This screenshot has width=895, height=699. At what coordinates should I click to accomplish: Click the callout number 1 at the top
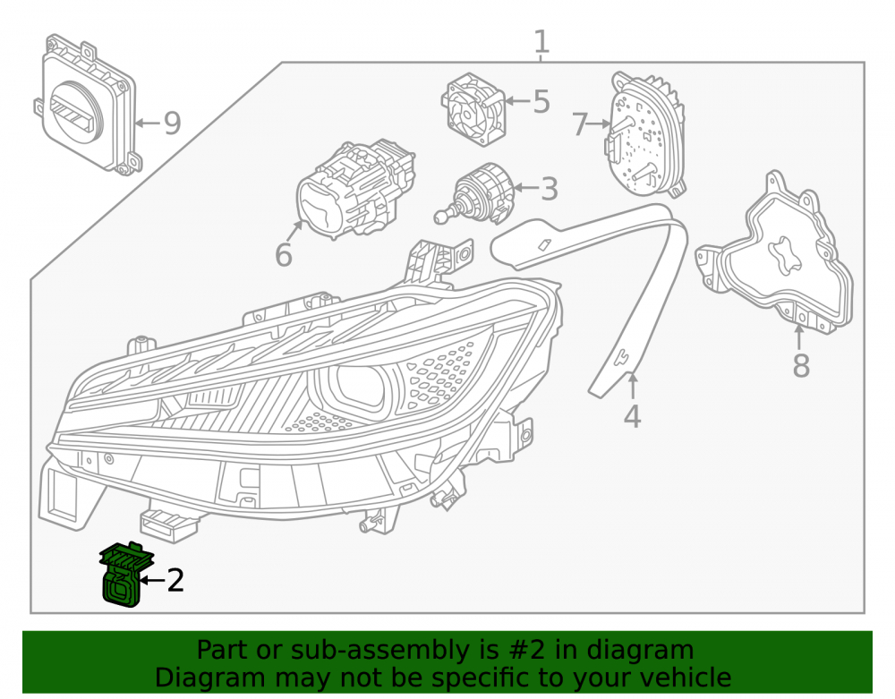(541, 42)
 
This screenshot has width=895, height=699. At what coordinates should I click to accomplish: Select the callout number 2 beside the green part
(175, 580)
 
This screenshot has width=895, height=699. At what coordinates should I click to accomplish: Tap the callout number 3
(550, 189)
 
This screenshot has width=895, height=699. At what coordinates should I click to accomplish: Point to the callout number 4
(633, 416)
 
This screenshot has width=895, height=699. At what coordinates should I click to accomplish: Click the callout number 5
(541, 101)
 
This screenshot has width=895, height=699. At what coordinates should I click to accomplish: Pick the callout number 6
(284, 254)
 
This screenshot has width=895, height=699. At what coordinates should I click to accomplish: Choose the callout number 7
(580, 124)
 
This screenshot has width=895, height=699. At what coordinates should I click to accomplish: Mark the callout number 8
(801, 365)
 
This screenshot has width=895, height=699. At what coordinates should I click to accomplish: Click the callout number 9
(173, 124)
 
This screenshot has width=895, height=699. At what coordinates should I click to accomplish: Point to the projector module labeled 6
(355, 191)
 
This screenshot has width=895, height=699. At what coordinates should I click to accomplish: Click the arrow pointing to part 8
(799, 337)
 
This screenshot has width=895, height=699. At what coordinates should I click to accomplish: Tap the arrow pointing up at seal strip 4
(633, 386)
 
